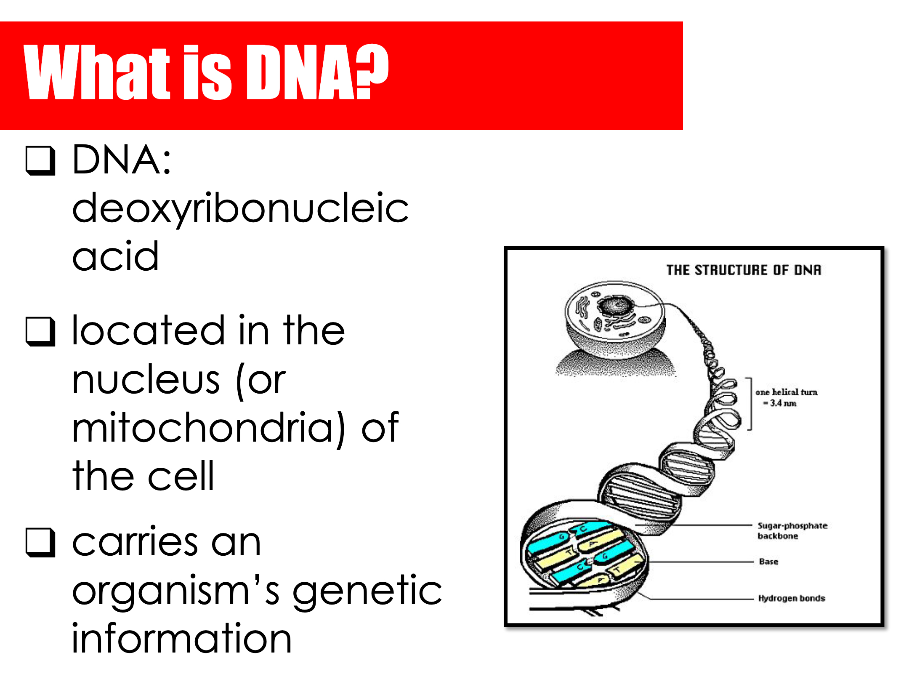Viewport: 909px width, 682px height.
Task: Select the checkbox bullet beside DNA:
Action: (x=40, y=160)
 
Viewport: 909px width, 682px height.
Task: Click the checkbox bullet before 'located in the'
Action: (x=40, y=332)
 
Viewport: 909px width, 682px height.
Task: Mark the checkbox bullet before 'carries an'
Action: (x=40, y=543)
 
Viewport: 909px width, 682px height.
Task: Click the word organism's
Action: (x=176, y=591)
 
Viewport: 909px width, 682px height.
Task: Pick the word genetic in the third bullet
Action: (x=367, y=591)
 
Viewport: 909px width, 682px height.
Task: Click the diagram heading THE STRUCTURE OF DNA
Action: (x=744, y=270)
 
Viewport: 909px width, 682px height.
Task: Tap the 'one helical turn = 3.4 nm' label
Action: (x=786, y=397)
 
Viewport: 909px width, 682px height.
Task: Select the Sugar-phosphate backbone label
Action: (x=792, y=530)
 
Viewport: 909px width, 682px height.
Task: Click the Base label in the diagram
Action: (x=768, y=562)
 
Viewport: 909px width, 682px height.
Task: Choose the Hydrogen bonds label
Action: (x=792, y=598)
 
